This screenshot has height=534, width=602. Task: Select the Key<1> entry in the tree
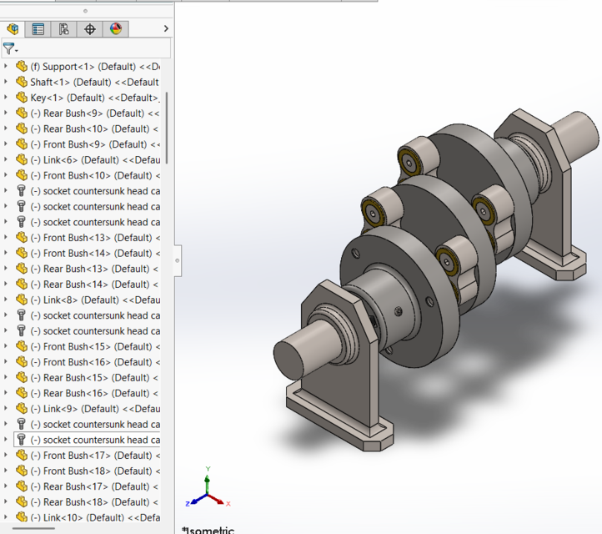(92, 98)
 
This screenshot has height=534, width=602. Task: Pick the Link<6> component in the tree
(95, 159)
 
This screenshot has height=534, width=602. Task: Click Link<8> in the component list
(95, 300)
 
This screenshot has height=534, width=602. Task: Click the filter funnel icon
(9, 49)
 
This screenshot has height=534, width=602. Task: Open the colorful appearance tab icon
(116, 29)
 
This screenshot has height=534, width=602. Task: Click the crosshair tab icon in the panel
(90, 29)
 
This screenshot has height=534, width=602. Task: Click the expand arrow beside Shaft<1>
(6, 82)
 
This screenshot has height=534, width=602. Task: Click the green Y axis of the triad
(208, 478)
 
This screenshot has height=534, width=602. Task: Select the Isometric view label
(208, 529)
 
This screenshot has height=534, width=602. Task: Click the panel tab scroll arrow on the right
(166, 29)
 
